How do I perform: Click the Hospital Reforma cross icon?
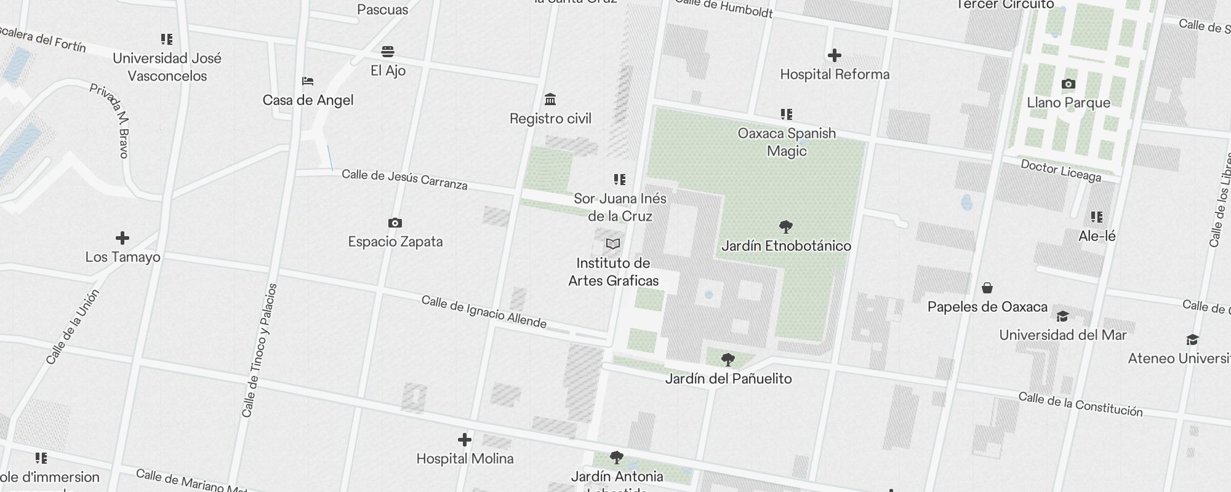click(x=834, y=56)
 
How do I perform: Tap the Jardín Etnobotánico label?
click(x=786, y=246)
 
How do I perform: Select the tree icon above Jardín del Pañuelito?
click(x=728, y=359)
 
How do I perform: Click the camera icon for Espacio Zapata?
click(x=395, y=223)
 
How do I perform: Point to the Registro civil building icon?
click(x=550, y=100)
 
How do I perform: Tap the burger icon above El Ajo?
click(x=388, y=52)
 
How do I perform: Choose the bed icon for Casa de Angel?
click(x=308, y=81)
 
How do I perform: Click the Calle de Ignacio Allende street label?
click(x=484, y=312)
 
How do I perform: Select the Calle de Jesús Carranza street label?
click(x=404, y=179)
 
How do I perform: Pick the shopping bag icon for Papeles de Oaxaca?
click(x=987, y=288)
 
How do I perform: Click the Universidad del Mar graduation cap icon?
click(x=1062, y=317)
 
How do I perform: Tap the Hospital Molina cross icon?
click(x=465, y=440)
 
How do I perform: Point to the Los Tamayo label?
click(x=122, y=257)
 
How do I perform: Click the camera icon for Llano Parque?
click(x=1069, y=84)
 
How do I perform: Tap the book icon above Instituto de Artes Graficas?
click(x=612, y=244)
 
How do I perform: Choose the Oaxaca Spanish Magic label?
click(x=787, y=142)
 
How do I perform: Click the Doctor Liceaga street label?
click(x=1061, y=170)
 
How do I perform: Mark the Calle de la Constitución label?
click(x=1080, y=404)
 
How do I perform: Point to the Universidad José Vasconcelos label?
click(x=167, y=67)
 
